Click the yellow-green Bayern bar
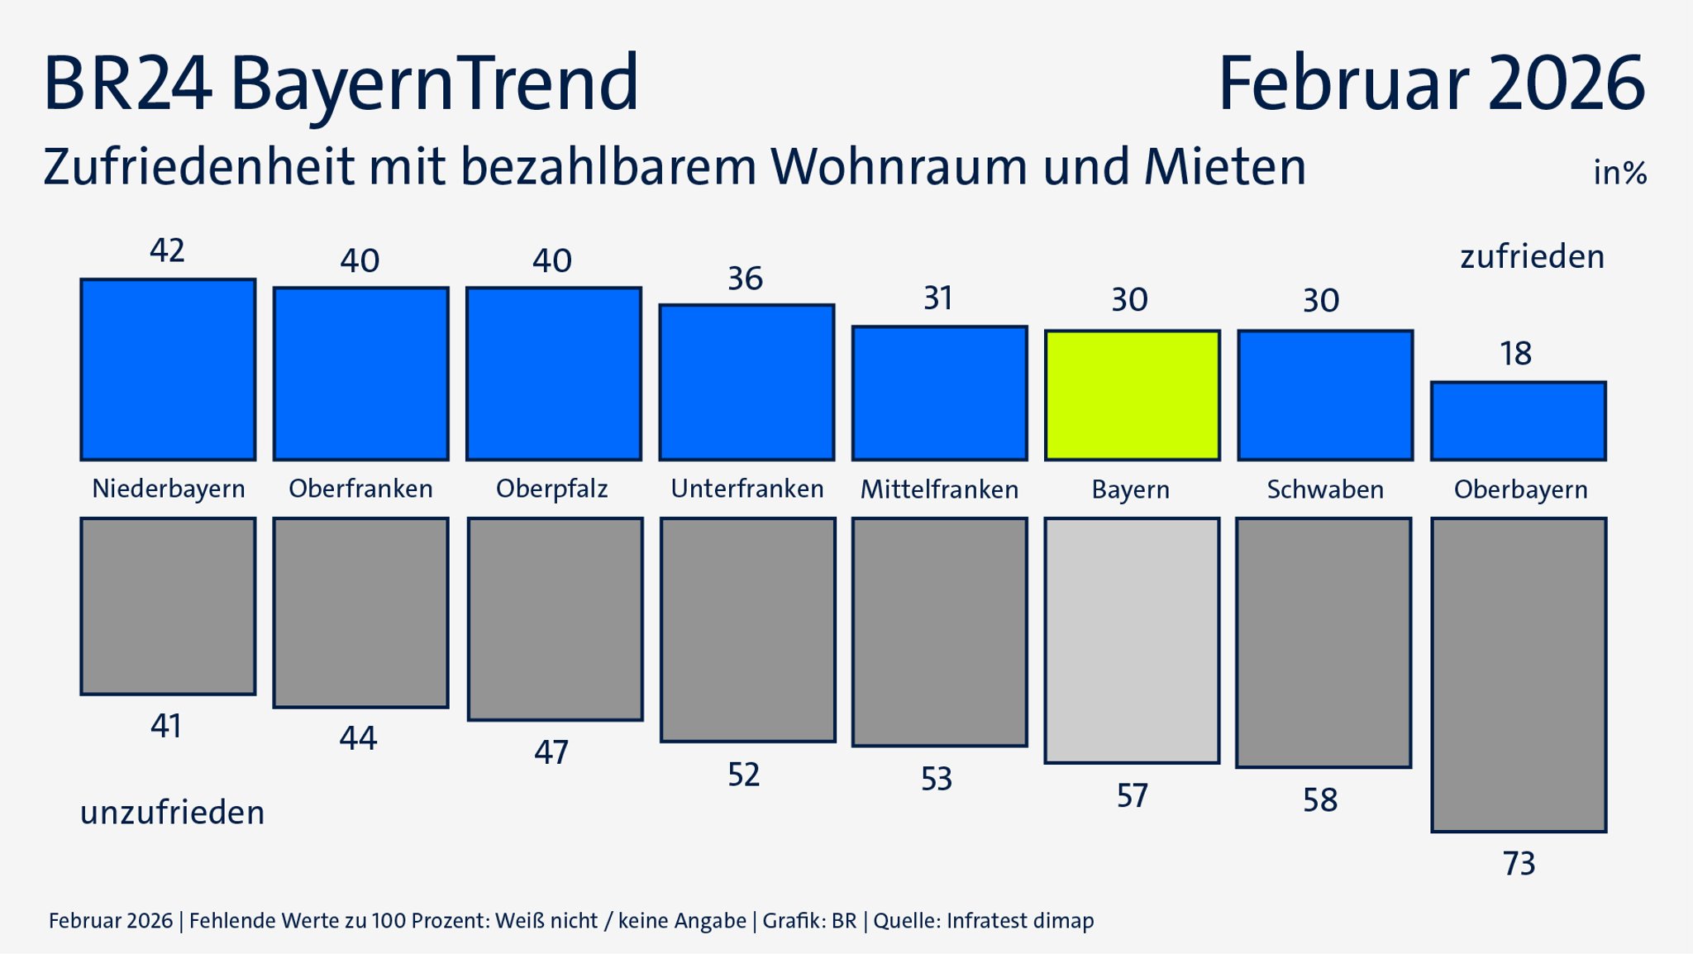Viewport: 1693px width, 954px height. coord(1132,395)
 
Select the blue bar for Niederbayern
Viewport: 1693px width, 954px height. coord(168,370)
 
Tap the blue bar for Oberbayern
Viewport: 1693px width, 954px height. coord(1518,421)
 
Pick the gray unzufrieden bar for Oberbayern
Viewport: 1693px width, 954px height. coord(1519,675)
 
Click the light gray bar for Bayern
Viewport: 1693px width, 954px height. coord(1132,641)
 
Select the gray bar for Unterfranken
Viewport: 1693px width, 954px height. coord(747,630)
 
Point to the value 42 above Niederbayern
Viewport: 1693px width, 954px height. coord(167,250)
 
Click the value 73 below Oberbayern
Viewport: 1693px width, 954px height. coord(1519,864)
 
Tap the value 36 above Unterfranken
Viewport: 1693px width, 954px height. coord(745,279)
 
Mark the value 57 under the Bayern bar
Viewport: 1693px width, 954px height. coord(1132,796)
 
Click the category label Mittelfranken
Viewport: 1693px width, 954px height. coord(939,489)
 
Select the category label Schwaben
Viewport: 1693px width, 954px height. coord(1325,489)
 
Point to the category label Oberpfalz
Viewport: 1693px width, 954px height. coord(551,489)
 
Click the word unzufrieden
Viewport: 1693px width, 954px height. coord(172,813)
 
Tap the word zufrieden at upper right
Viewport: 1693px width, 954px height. coord(1532,257)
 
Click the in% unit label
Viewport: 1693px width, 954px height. coord(1619,173)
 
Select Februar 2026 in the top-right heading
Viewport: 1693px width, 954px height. coord(1431,83)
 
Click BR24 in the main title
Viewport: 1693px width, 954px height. coord(126,83)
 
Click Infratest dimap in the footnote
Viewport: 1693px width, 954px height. coord(1019,921)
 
